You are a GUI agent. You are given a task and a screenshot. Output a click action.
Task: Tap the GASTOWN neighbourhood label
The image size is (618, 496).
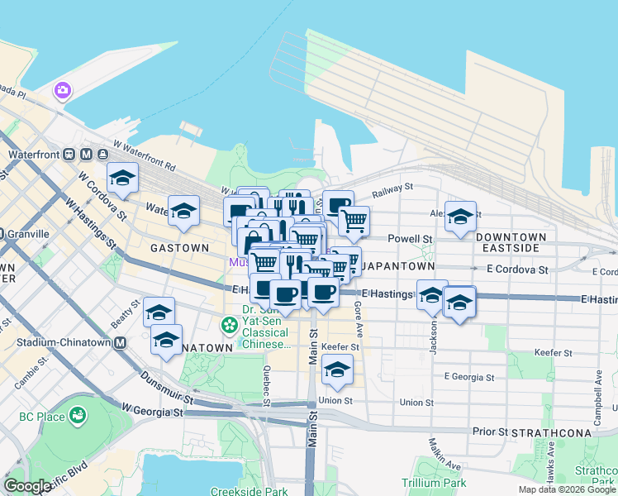click(179, 247)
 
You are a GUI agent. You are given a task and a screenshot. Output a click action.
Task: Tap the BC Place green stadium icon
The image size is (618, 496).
click(78, 415)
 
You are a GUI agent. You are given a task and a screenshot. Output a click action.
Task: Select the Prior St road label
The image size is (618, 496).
click(488, 432)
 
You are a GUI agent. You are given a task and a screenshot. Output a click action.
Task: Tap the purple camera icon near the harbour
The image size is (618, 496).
click(62, 90)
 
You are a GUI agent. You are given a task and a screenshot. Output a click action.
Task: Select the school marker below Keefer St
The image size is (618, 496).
click(336, 371)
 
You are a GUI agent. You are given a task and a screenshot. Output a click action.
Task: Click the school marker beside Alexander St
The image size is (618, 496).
click(460, 217)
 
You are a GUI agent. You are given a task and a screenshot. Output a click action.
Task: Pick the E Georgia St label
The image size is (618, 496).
click(468, 377)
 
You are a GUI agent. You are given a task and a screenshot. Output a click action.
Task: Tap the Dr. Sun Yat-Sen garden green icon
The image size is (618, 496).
click(228, 326)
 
